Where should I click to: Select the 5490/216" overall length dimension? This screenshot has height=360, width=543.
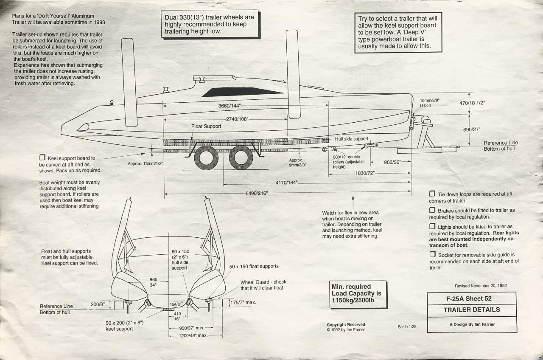[x=257, y=194]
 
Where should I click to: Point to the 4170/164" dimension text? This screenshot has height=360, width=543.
[x=286, y=183]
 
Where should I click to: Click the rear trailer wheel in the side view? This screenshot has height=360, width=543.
[x=206, y=157]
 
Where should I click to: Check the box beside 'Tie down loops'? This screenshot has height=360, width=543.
[x=432, y=194]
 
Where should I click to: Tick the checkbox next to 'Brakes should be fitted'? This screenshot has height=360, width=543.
[x=432, y=210]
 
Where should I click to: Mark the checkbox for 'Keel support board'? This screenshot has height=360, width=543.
[x=42, y=158]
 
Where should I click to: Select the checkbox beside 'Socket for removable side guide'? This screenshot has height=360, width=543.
[x=432, y=254]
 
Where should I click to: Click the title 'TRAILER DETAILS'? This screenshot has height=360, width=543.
[x=471, y=310]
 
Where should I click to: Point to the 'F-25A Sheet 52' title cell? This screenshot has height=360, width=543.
[x=471, y=298]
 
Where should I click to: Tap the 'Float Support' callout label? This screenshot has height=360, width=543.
[x=206, y=127]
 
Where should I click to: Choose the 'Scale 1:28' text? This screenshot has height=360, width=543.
[x=407, y=327]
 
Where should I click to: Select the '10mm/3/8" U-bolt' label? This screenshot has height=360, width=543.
[x=429, y=103]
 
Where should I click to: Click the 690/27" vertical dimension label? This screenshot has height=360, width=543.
[x=471, y=129]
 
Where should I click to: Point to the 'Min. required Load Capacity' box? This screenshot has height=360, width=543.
[x=358, y=294]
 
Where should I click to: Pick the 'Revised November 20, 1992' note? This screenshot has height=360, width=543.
[x=481, y=286]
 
